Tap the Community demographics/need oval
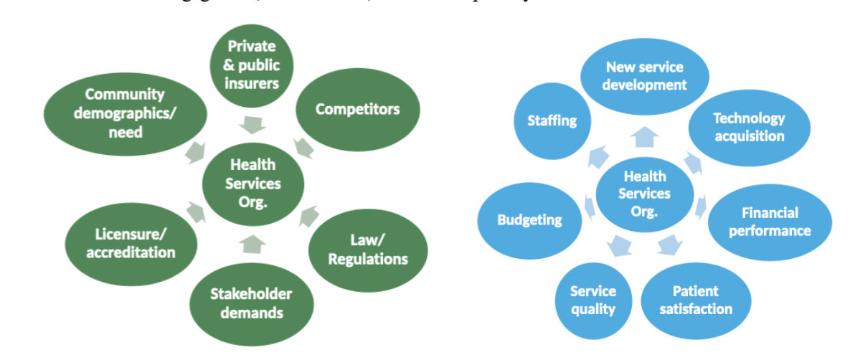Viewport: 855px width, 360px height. [124, 113]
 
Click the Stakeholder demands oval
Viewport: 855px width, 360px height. [252, 302]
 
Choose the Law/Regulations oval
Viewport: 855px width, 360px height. [368, 250]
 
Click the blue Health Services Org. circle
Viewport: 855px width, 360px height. [645, 194]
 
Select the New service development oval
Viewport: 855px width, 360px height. [644, 76]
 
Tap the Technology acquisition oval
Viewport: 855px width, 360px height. [749, 127]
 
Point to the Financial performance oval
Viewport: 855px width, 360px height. [770, 221]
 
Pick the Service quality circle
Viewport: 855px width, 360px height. [593, 300]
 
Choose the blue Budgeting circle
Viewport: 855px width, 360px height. [529, 220]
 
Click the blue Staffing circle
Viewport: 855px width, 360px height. [552, 120]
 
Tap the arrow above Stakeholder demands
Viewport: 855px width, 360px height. [252, 244]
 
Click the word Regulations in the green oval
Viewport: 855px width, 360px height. [368, 259]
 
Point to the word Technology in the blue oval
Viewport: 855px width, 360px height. [749, 118]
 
